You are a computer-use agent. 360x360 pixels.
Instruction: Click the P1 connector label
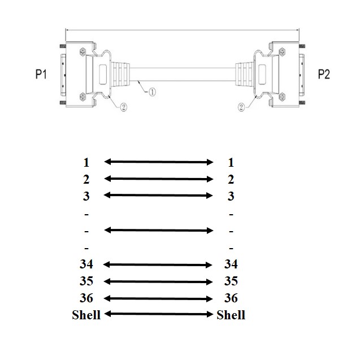[41, 74]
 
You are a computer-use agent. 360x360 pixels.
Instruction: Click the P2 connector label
[324, 74]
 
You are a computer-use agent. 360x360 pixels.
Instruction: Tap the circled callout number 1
[152, 92]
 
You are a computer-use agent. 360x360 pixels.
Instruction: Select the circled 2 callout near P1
[123, 107]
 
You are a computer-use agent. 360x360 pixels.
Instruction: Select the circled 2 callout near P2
[241, 107]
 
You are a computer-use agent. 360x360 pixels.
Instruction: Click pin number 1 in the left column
[86, 162]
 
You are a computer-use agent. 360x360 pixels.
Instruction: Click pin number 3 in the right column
[231, 196]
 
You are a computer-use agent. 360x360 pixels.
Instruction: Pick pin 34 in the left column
[86, 264]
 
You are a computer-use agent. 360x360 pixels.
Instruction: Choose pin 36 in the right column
[231, 298]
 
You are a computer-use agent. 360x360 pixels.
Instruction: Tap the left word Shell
[86, 315]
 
